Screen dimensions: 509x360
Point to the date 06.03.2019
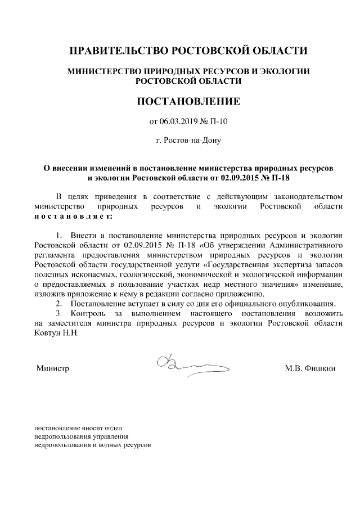pos(179,121)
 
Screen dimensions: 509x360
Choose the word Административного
pos(305,245)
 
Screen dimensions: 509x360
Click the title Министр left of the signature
pos(52,368)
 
